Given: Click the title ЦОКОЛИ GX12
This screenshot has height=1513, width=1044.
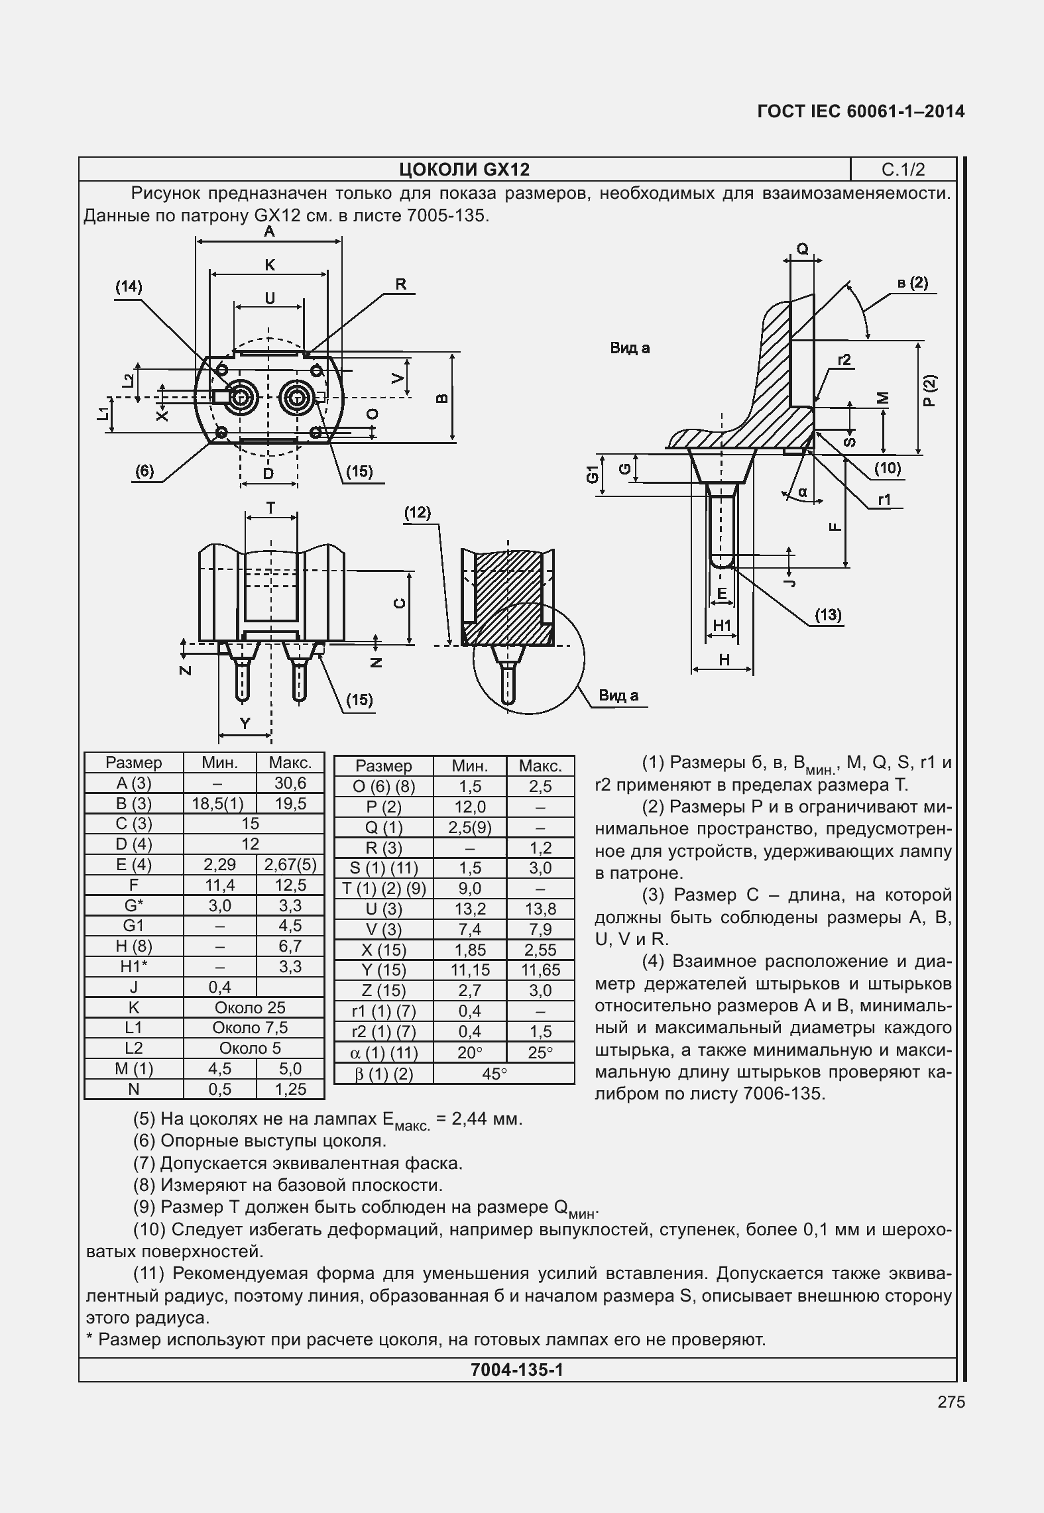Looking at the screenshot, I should pos(464,170).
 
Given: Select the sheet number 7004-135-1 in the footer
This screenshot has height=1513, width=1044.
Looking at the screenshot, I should pos(516,1370).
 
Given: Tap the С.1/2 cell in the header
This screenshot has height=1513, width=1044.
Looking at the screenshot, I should pos(903,170).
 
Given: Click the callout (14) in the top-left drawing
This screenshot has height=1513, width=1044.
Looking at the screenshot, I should pos(129,286).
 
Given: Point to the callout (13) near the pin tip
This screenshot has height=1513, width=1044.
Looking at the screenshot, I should pos(828,614).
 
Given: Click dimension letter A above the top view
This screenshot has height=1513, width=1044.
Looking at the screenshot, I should pos(269,231).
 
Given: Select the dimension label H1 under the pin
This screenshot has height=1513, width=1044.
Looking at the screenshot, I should pos(721,625).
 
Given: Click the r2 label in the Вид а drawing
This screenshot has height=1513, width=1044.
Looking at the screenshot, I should pos(844,360).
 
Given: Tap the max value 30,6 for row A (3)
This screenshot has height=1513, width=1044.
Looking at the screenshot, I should pos(290,783).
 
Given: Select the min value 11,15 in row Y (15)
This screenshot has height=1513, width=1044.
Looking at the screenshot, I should pos(469,970).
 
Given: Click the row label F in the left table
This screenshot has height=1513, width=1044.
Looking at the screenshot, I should pos(134,885).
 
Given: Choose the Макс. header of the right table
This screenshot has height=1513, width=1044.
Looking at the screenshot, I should pos(540,766).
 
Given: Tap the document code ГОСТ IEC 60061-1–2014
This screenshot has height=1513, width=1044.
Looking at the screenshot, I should pos(860,111).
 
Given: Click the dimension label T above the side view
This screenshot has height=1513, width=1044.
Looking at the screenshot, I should pos(270,508).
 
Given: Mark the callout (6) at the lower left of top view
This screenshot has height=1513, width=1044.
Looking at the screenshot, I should pos(145,471).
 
